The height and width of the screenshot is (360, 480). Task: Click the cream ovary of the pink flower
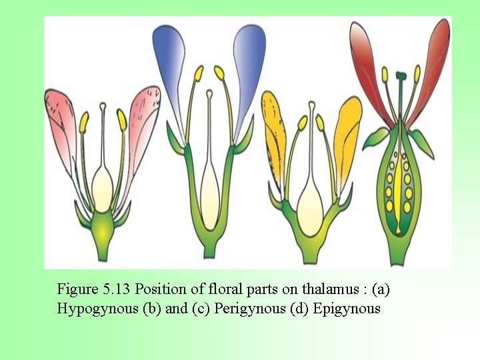(102, 183)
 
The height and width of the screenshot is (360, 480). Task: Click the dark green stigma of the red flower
(400, 75)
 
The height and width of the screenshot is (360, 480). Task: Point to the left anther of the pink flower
(84, 121)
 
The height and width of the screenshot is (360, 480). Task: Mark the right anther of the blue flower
(219, 72)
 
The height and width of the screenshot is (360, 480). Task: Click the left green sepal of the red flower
(375, 138)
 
